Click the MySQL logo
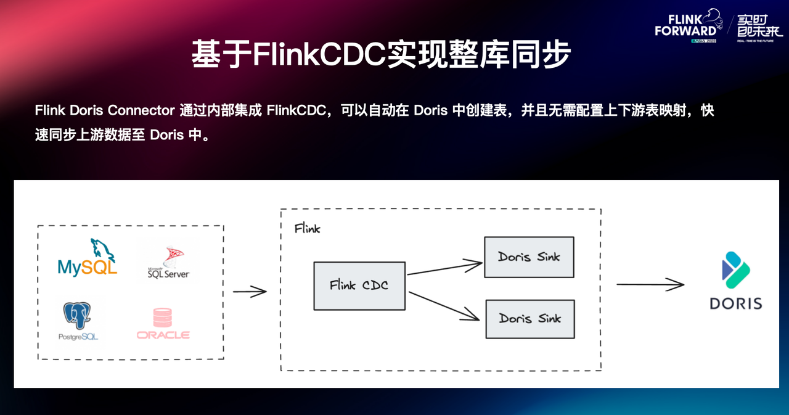click(x=87, y=258)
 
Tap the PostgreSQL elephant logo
click(x=78, y=320)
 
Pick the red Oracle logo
click(x=163, y=324)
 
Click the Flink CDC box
click(x=359, y=286)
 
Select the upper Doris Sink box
click(x=529, y=257)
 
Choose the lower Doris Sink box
click(x=529, y=319)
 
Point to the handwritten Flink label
click(x=307, y=229)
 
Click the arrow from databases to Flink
click(x=250, y=292)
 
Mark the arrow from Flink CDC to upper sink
click(x=444, y=269)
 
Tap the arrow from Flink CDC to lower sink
click(x=444, y=306)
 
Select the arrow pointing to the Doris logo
click(x=650, y=284)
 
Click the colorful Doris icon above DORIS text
click(x=735, y=270)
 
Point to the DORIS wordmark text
click(x=735, y=303)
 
